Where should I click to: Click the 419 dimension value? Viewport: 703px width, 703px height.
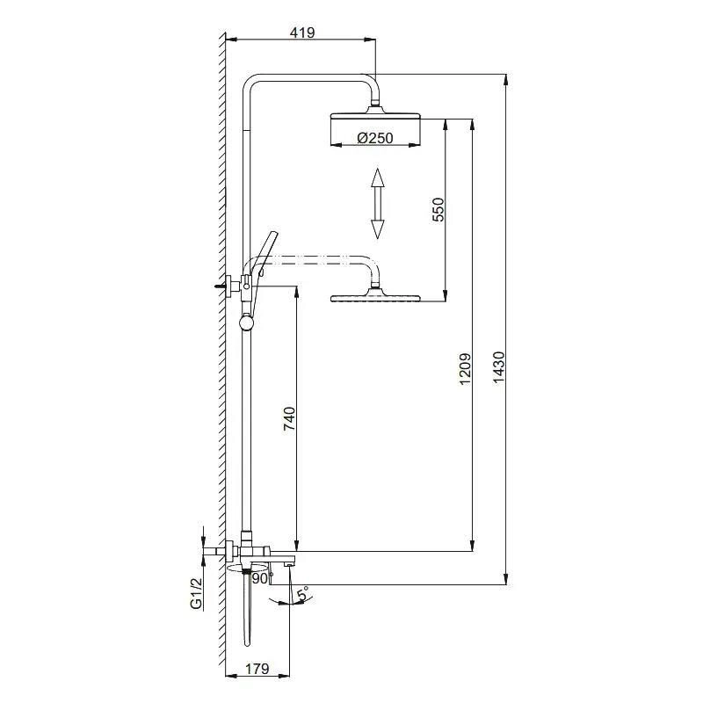[301, 33]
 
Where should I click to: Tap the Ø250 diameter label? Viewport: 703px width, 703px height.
[375, 137]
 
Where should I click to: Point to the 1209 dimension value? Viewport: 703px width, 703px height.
[466, 368]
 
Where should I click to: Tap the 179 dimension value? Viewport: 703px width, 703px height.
[257, 669]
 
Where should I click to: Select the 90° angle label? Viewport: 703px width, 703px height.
[261, 578]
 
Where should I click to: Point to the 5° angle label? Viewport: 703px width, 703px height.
[301, 596]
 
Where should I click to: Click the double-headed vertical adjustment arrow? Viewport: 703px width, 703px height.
[378, 203]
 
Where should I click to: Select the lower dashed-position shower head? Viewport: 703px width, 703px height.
[375, 298]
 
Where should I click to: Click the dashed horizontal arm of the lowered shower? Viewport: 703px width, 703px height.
[316, 259]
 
